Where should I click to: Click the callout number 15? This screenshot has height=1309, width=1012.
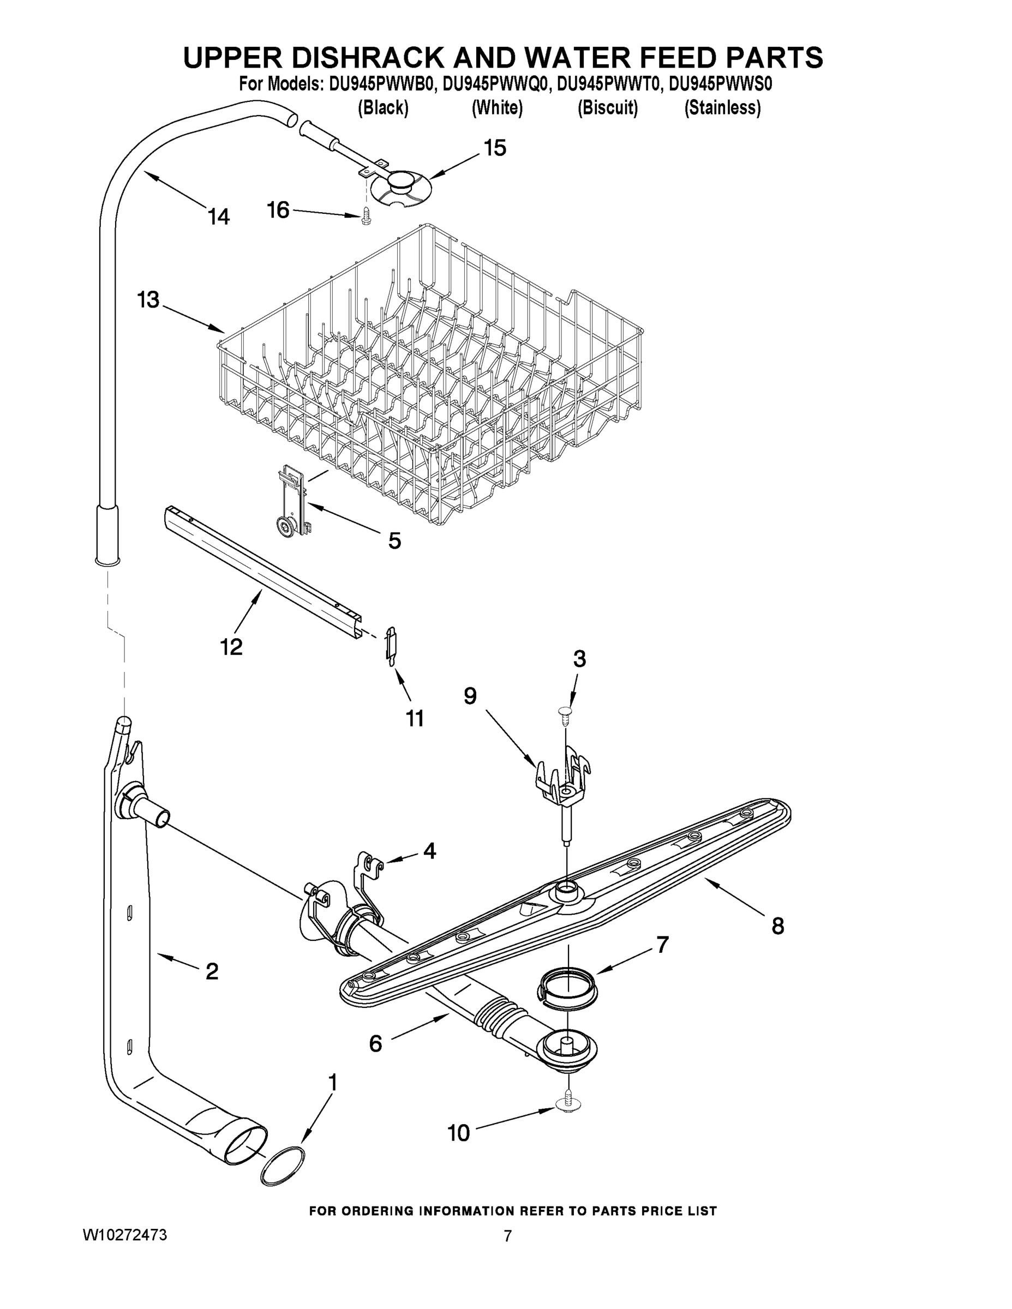click(495, 147)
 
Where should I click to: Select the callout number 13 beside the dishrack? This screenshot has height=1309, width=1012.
click(148, 299)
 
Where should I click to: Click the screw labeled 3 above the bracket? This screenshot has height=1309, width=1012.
click(565, 711)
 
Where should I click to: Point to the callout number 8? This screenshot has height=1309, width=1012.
click(777, 926)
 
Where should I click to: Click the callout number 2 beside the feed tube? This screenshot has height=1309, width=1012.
click(212, 971)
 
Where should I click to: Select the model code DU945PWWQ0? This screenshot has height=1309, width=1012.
click(495, 85)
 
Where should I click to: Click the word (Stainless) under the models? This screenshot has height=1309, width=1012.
click(722, 108)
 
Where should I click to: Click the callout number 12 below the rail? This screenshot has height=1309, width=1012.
click(231, 646)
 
